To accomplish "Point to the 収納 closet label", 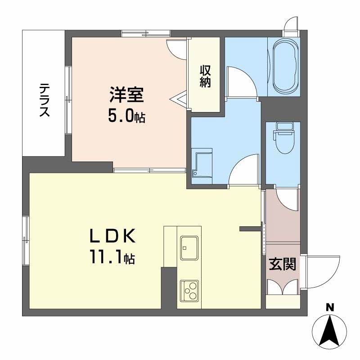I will pos(205,76).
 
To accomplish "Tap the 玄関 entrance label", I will pos(282,265).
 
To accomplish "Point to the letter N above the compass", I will pos(330,308).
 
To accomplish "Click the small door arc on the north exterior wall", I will pos(291,24).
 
